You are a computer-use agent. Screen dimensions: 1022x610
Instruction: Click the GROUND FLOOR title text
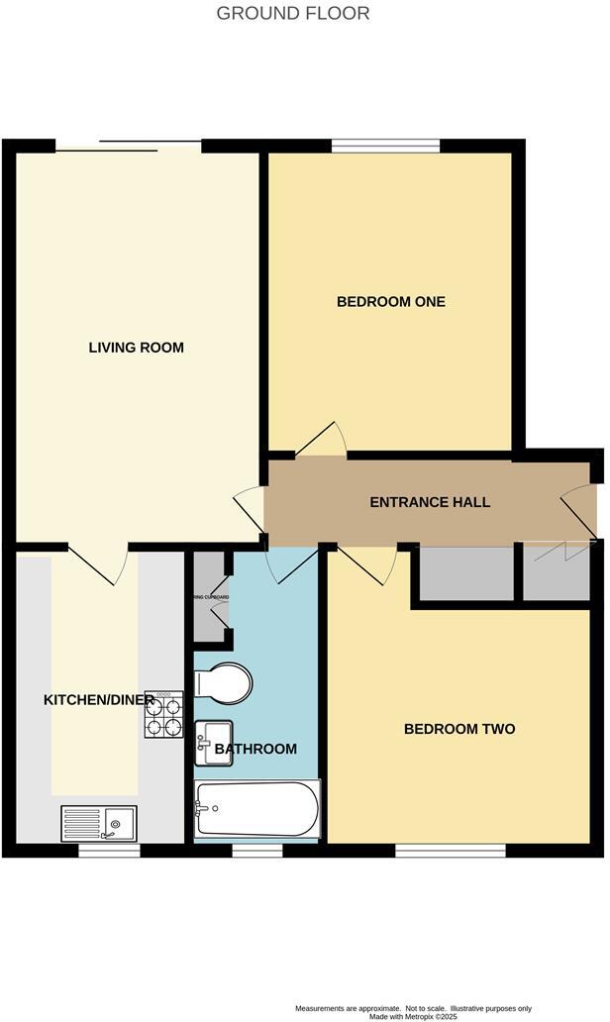click(292, 13)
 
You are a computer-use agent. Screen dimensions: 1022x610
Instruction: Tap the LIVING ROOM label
click(137, 348)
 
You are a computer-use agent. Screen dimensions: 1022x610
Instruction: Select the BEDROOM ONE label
click(391, 301)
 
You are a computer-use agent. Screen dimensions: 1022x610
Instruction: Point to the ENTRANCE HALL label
click(430, 502)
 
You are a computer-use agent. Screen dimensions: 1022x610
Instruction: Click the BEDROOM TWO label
click(459, 729)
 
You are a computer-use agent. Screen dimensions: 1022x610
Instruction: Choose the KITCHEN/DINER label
click(98, 700)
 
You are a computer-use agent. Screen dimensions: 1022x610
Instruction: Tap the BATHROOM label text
click(255, 749)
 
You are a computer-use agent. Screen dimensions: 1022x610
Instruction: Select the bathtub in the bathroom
click(257, 809)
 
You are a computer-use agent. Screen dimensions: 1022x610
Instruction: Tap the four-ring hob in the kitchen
click(164, 715)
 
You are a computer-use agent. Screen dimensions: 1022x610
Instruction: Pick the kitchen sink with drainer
click(100, 823)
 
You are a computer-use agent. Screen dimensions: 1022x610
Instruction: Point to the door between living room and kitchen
click(100, 563)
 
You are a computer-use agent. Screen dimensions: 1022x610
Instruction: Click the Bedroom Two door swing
click(367, 563)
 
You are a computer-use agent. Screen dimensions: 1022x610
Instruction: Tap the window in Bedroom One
click(385, 147)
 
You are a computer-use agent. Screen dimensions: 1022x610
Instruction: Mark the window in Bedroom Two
click(450, 850)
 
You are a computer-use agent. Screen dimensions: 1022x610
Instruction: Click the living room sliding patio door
click(129, 147)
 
